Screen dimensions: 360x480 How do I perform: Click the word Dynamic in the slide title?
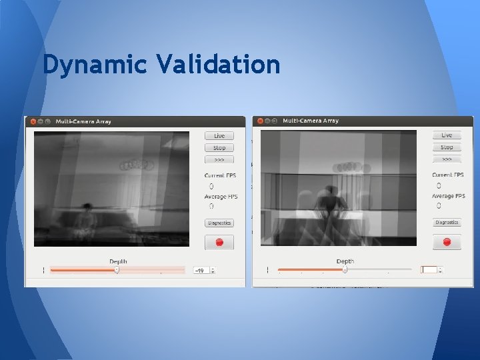tap(94, 65)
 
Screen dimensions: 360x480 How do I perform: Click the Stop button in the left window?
tap(219, 148)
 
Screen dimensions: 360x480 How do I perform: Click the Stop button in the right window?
tap(447, 147)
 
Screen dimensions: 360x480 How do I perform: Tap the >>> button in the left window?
tap(219, 160)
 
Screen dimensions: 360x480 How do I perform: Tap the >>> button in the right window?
tap(447, 159)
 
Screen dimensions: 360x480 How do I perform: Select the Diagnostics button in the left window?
tap(219, 223)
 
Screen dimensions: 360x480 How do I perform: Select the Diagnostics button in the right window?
tap(447, 223)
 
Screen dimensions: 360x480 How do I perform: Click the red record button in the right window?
tap(447, 242)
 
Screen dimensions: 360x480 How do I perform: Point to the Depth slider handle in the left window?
tap(117, 270)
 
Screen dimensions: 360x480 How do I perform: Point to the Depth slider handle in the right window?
tap(345, 269)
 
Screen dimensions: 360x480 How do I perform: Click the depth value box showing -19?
tap(200, 271)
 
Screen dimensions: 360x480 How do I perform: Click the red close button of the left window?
tap(32, 121)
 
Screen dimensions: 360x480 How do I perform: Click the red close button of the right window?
tap(260, 121)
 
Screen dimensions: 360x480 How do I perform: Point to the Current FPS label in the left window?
tap(221, 175)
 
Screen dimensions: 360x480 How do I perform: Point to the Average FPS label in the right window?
tap(447, 196)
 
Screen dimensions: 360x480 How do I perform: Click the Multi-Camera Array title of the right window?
tap(311, 121)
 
